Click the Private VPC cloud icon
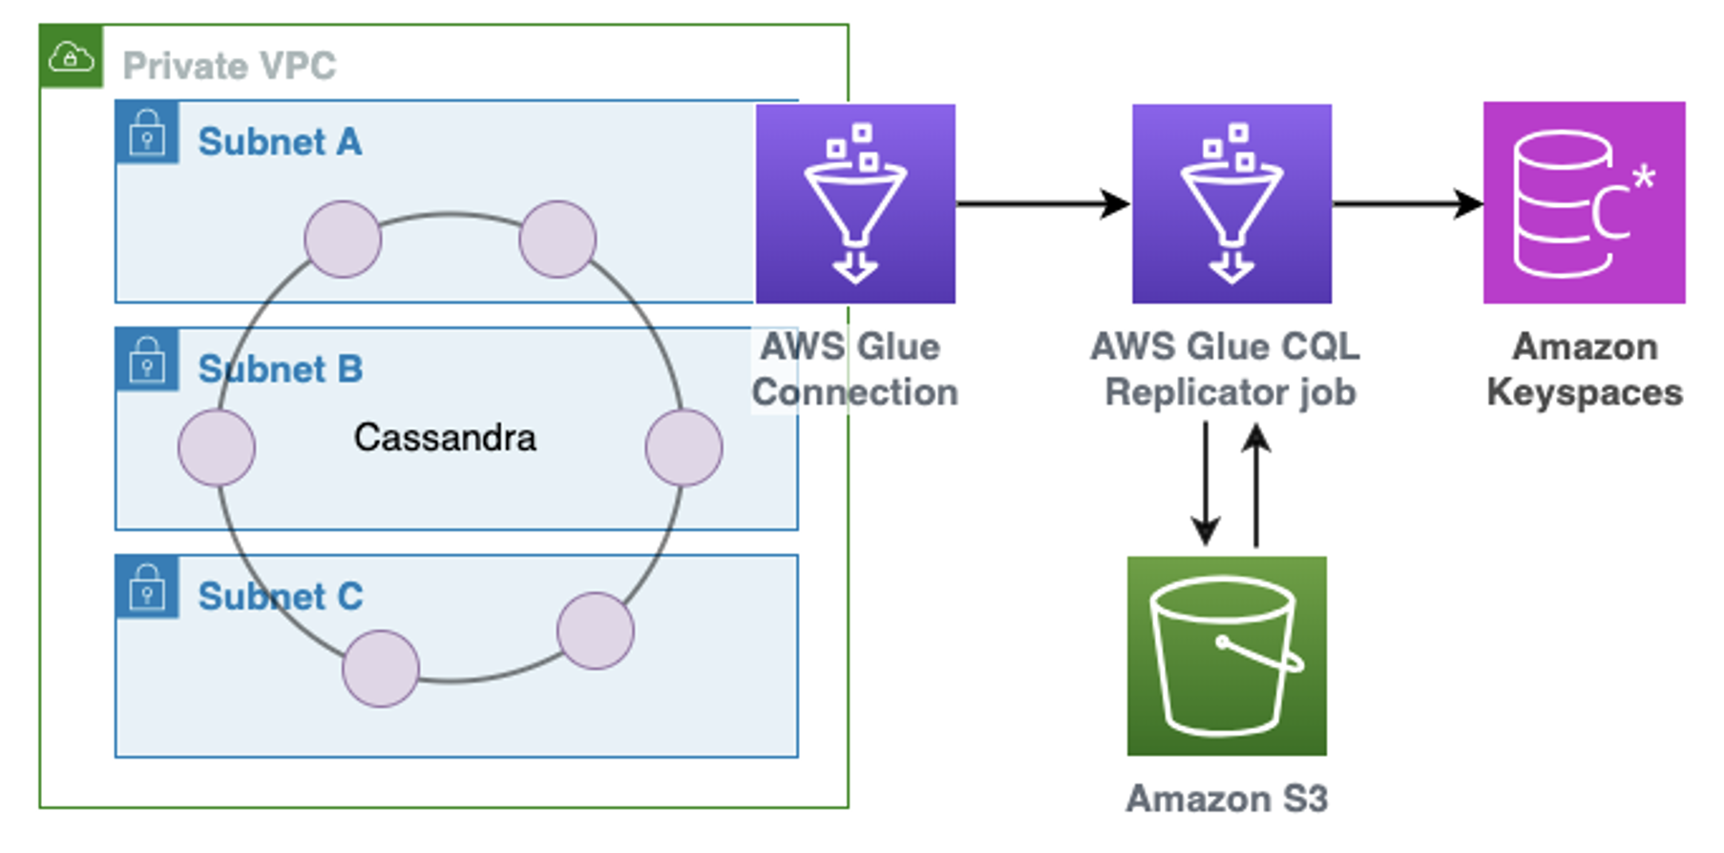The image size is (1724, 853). (71, 57)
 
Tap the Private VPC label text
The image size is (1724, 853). (229, 66)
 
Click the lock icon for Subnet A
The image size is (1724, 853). (147, 132)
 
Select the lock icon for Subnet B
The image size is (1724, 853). (147, 359)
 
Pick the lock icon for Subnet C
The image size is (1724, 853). (147, 586)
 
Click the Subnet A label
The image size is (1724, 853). (280, 142)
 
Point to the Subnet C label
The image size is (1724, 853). (280, 596)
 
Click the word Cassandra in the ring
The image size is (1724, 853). (445, 438)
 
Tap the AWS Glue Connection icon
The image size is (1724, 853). (855, 203)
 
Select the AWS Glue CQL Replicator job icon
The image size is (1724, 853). (1231, 203)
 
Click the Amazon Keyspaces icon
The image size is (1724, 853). (1584, 202)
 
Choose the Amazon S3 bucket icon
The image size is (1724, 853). (1227, 655)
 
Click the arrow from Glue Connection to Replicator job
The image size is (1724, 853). (1042, 203)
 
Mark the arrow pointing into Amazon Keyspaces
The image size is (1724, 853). (1407, 203)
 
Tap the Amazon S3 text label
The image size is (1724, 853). (1227, 799)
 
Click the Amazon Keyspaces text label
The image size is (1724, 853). (1585, 369)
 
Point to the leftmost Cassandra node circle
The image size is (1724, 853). (217, 447)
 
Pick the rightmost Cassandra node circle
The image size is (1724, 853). (683, 447)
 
